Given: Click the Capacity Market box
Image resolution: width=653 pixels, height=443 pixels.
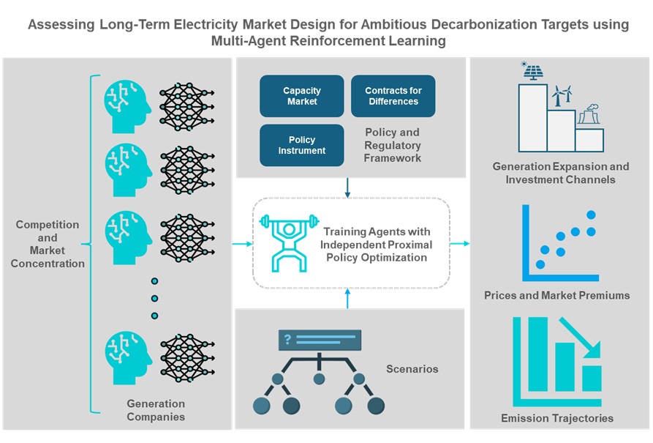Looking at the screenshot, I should [301, 96].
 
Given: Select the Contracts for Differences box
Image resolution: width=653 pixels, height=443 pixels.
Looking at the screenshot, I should [393, 96].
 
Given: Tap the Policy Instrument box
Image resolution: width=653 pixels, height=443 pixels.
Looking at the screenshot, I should [301, 145].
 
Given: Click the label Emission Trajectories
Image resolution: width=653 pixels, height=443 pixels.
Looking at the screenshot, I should [557, 418].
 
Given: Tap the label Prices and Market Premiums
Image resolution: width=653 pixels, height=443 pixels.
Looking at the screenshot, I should [556, 296].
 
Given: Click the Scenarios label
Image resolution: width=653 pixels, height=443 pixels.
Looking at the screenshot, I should [412, 369].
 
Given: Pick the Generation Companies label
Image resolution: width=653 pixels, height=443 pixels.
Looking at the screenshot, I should [156, 410].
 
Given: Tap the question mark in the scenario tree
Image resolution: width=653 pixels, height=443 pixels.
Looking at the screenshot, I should [288, 339].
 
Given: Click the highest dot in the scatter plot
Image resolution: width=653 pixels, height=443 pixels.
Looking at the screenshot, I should [592, 215].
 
